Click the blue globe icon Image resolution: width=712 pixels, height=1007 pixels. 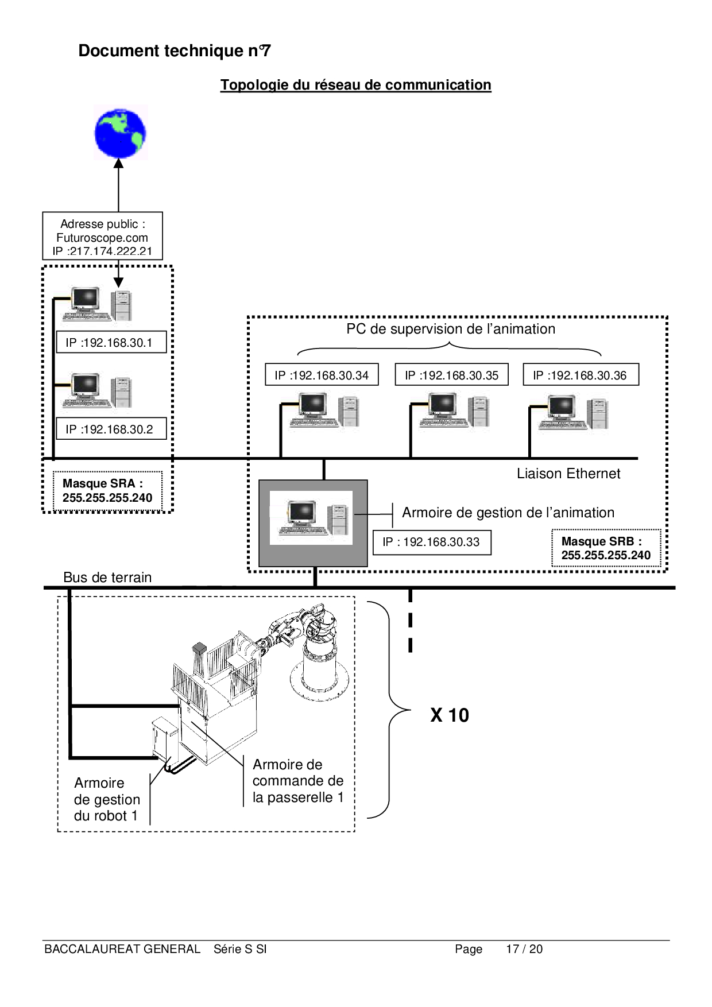(x=120, y=133)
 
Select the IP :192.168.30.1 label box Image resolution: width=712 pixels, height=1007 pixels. (x=110, y=343)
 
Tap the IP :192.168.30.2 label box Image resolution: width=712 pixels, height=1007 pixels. (x=110, y=429)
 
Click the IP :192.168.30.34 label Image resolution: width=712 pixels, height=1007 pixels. (x=322, y=375)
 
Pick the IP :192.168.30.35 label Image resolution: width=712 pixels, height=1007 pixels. (x=451, y=375)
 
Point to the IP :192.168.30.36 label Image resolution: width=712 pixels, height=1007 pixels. (x=580, y=375)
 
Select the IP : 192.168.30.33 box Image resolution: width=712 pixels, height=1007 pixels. (x=432, y=542)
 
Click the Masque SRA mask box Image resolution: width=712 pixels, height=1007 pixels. (x=107, y=491)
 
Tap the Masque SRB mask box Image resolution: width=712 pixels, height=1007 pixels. (x=606, y=548)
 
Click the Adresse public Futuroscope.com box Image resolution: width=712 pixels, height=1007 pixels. (x=102, y=237)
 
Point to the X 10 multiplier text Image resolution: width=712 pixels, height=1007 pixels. (x=450, y=715)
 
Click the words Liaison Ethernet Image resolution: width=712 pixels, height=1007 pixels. (x=568, y=474)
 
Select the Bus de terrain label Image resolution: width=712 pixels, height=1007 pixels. (x=107, y=578)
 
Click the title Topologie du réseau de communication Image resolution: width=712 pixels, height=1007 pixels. (x=355, y=85)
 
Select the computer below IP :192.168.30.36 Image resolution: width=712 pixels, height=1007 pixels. (x=572, y=412)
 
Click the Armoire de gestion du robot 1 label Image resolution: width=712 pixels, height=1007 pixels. (x=107, y=799)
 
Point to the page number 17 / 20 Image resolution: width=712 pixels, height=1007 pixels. (x=524, y=949)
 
